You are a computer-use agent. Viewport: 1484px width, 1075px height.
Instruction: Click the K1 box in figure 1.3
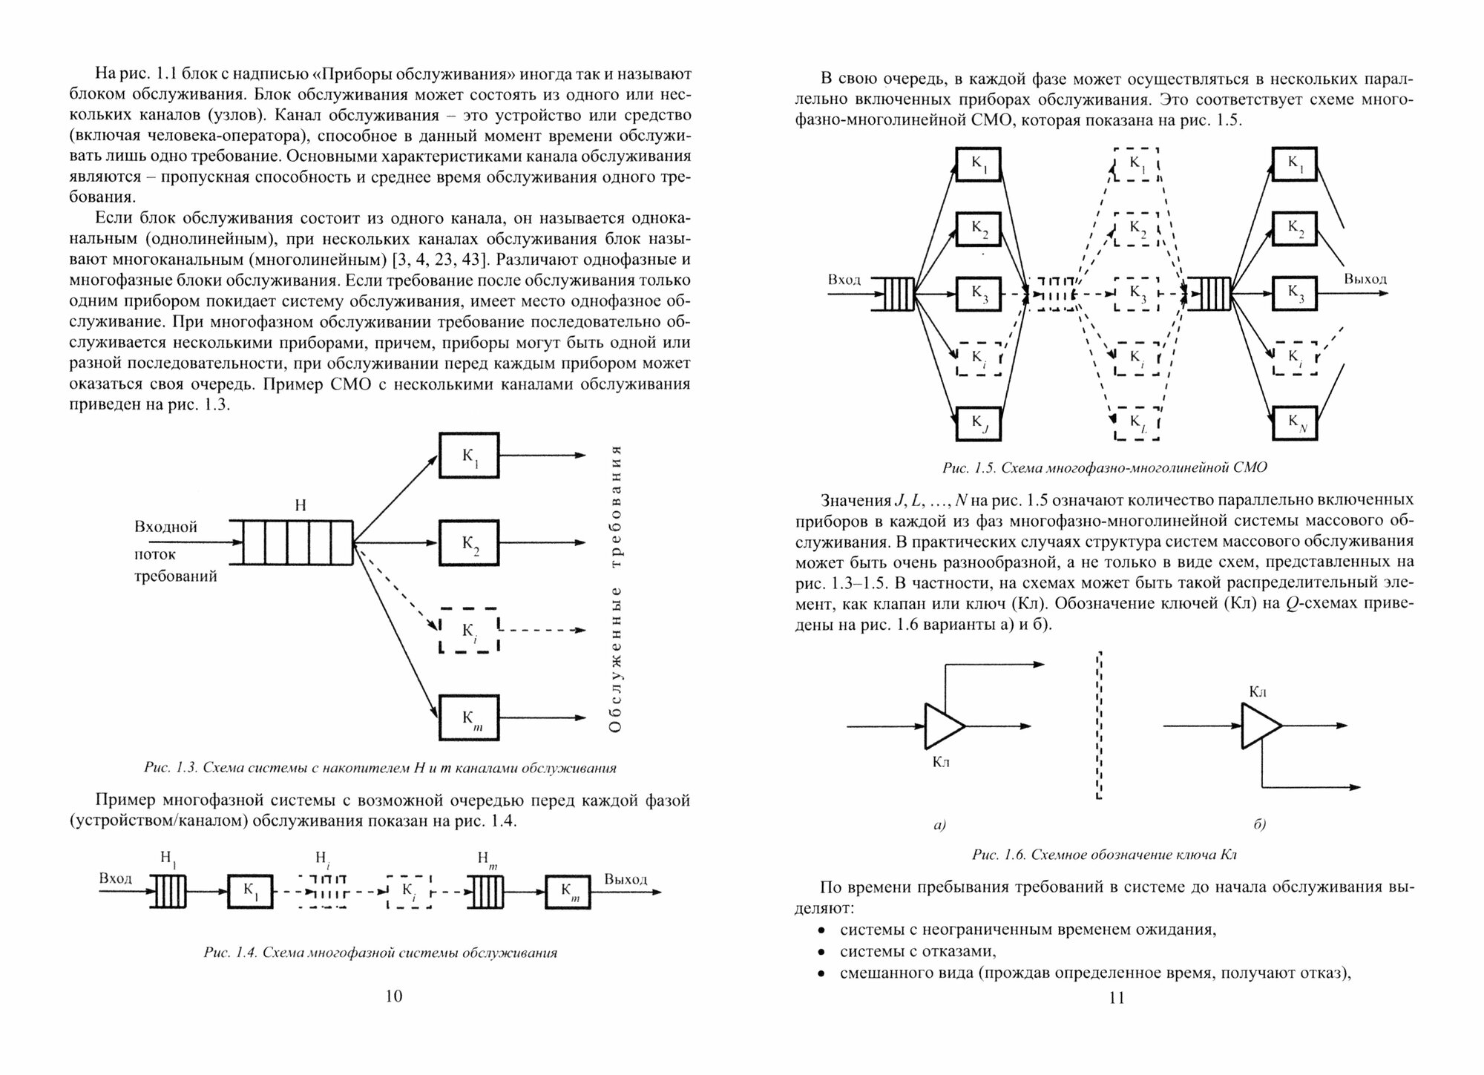click(x=469, y=455)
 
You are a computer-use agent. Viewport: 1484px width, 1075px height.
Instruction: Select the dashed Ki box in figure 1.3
click(x=469, y=630)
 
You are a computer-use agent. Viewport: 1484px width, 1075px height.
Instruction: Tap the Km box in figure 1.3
click(x=469, y=717)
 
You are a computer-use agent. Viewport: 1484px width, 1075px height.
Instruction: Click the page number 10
click(x=394, y=996)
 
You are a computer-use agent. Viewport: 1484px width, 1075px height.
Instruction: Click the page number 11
click(x=1117, y=997)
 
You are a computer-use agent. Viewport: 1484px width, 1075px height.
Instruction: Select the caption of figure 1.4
click(x=380, y=953)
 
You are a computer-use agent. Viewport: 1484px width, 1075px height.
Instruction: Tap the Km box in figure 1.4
click(x=568, y=892)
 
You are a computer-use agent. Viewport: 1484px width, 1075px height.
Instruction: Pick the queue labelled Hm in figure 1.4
click(x=486, y=891)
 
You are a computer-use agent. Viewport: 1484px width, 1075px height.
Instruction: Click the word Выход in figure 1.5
click(x=1365, y=279)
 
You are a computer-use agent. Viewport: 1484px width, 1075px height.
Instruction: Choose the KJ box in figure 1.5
click(x=978, y=424)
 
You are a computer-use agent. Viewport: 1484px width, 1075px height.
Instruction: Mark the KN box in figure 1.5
click(x=1295, y=424)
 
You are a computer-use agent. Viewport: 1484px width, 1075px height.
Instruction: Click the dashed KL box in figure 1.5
click(x=1137, y=424)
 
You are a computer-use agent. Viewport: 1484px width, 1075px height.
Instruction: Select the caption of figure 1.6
click(x=1104, y=855)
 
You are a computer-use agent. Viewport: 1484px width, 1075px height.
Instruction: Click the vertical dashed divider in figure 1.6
click(x=1098, y=726)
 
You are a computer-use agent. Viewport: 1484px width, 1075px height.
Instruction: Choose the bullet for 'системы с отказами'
click(x=821, y=952)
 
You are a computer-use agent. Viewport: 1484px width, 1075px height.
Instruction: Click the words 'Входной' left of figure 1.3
click(x=165, y=527)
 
